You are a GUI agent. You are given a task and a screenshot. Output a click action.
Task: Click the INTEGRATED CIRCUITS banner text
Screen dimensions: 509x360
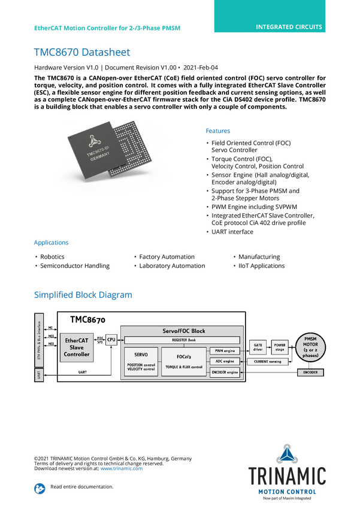tap(289, 27)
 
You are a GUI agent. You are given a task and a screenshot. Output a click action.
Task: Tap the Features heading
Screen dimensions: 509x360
tap(218, 131)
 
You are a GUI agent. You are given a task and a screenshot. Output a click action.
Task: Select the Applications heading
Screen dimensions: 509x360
tap(51, 243)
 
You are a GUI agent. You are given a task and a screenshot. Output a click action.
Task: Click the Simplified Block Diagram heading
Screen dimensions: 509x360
tap(83, 295)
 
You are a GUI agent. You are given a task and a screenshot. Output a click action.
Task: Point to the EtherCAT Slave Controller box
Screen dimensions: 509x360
tap(77, 348)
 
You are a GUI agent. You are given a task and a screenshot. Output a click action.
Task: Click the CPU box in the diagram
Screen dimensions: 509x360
tap(111, 340)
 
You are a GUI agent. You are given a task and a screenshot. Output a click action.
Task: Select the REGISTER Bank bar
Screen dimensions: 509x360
tap(183, 340)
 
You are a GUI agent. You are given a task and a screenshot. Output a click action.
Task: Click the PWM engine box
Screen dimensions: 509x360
tap(225, 350)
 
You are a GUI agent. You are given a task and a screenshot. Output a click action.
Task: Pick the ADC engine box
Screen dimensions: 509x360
tap(225, 361)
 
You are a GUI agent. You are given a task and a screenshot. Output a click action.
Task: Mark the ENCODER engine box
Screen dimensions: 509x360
tap(225, 372)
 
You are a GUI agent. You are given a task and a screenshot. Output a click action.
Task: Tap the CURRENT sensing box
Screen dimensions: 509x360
tap(268, 362)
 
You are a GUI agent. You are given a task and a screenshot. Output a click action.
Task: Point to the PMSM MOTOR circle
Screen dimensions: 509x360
tap(311, 348)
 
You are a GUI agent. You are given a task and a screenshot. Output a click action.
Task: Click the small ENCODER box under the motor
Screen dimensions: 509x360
tap(311, 372)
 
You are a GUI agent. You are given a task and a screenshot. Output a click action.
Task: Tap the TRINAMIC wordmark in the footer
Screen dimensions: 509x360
tap(288, 475)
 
